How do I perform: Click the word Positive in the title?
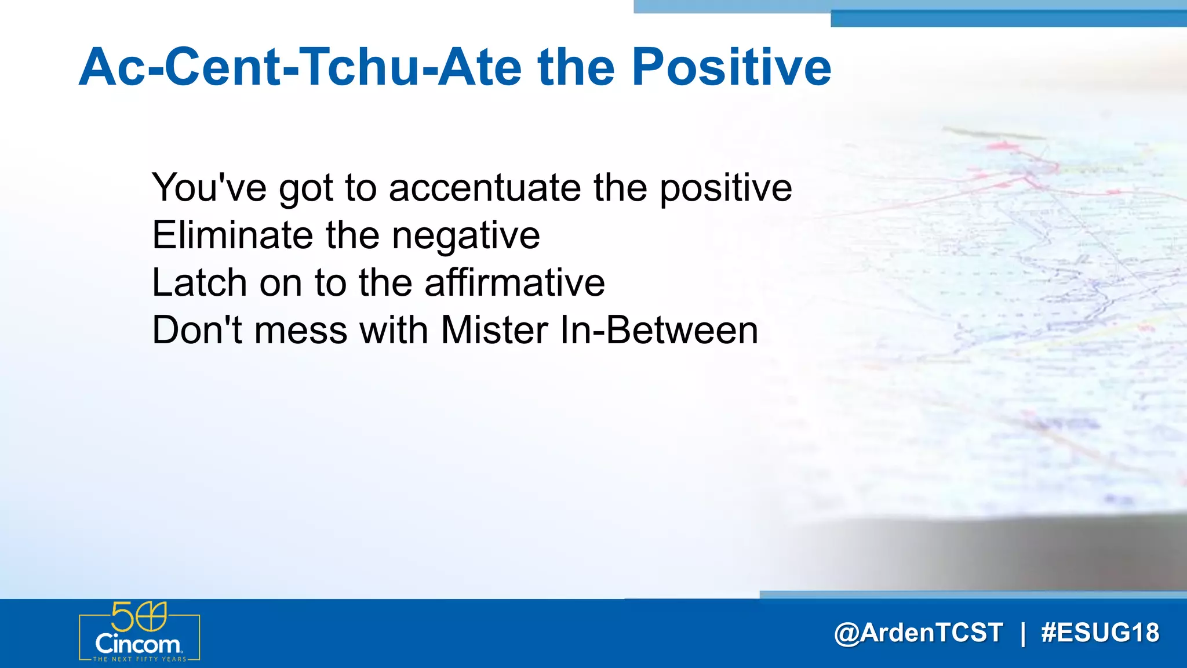coord(731,67)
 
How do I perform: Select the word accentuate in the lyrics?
coord(485,187)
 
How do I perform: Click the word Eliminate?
coord(232,235)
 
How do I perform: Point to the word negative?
coord(466,236)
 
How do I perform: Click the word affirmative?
coord(515,282)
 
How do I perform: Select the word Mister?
coord(494,330)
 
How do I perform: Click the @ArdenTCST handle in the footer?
coord(918,633)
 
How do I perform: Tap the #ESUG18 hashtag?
coord(1100,633)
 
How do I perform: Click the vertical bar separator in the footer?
coord(1023,633)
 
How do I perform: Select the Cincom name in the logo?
coord(138,644)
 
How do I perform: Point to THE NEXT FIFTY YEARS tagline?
coord(140,659)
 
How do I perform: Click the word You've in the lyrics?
coord(209,187)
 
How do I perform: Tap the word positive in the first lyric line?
coord(726,188)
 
